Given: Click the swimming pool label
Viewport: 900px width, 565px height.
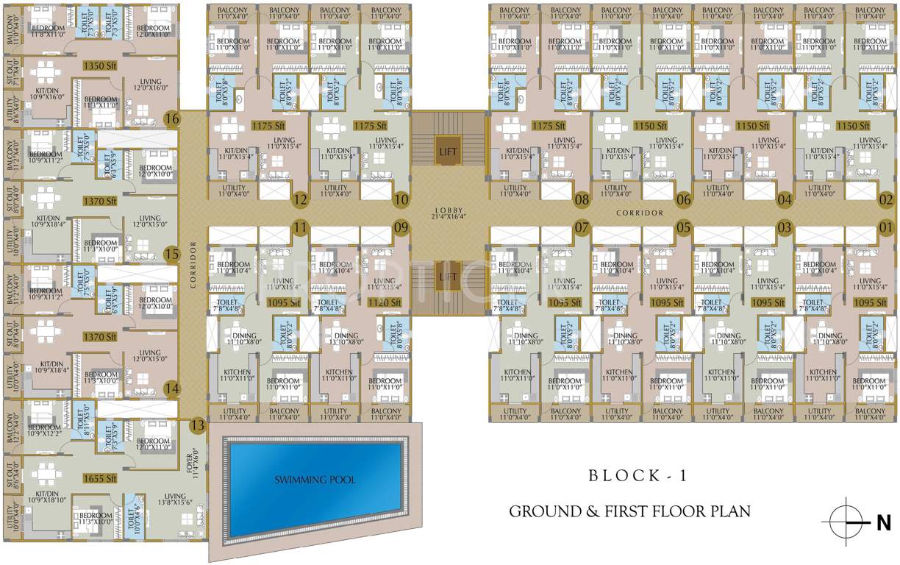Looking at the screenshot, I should (x=315, y=480).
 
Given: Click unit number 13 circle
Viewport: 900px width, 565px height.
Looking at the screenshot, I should (x=197, y=424).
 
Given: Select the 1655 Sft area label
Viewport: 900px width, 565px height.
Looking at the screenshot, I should (x=101, y=478).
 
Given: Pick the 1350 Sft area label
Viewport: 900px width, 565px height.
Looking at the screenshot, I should (x=101, y=66).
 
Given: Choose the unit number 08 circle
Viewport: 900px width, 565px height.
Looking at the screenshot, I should (x=582, y=199).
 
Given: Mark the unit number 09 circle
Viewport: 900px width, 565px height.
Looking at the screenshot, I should (x=401, y=227).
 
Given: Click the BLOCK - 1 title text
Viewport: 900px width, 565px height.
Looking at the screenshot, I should (x=637, y=476).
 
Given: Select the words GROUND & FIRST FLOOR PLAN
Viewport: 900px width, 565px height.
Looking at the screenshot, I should (x=629, y=511).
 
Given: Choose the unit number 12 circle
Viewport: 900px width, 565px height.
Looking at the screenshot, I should (x=299, y=199).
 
